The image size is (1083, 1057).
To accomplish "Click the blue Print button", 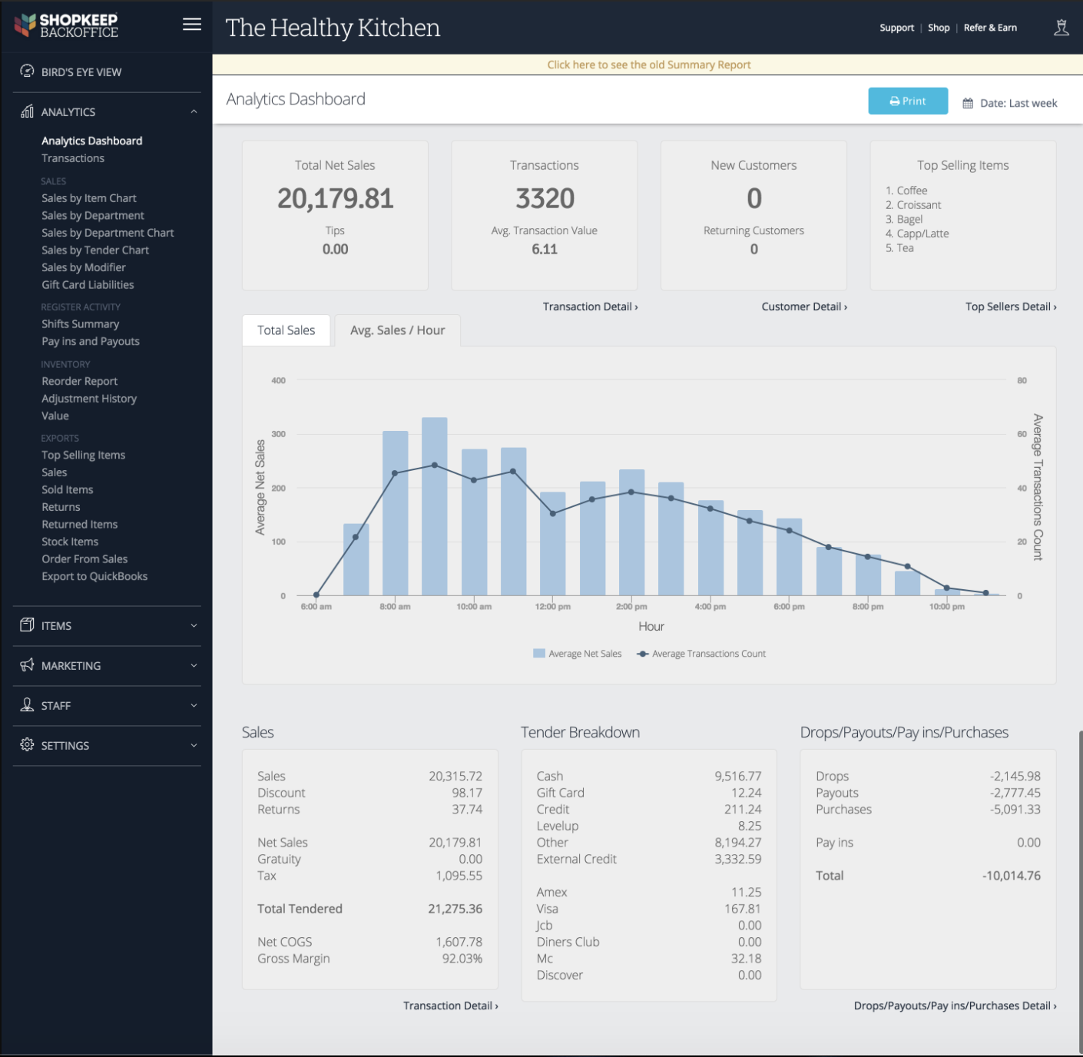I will pos(908,101).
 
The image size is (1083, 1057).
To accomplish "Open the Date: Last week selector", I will pos(1010,103).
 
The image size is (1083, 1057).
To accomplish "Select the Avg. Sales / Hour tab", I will pos(397,330).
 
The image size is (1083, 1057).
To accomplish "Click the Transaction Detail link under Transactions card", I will pos(590,306).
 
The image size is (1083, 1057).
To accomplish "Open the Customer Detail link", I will pos(804,306).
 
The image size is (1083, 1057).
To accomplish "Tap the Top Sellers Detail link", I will pos(1011,306).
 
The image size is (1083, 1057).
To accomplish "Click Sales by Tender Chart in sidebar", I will pos(95,250).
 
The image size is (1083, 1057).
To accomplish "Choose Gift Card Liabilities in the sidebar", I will pos(88,285).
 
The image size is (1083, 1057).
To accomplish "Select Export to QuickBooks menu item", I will pos(94,577).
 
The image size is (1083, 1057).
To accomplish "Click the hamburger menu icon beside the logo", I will pos(192,25).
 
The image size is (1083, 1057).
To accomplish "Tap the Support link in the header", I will pos(896,28).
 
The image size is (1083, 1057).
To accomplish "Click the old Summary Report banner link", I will pos(649,65).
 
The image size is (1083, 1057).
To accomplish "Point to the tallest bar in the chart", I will pos(435,507).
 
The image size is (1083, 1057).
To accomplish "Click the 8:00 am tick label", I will pos(395,607).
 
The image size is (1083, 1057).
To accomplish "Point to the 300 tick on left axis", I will pos(278,434).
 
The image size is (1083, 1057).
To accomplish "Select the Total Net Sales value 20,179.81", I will pos(336,199).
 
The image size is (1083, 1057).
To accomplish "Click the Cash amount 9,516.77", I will pos(737,777).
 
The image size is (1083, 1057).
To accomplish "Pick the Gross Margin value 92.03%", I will pos(462,959).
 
